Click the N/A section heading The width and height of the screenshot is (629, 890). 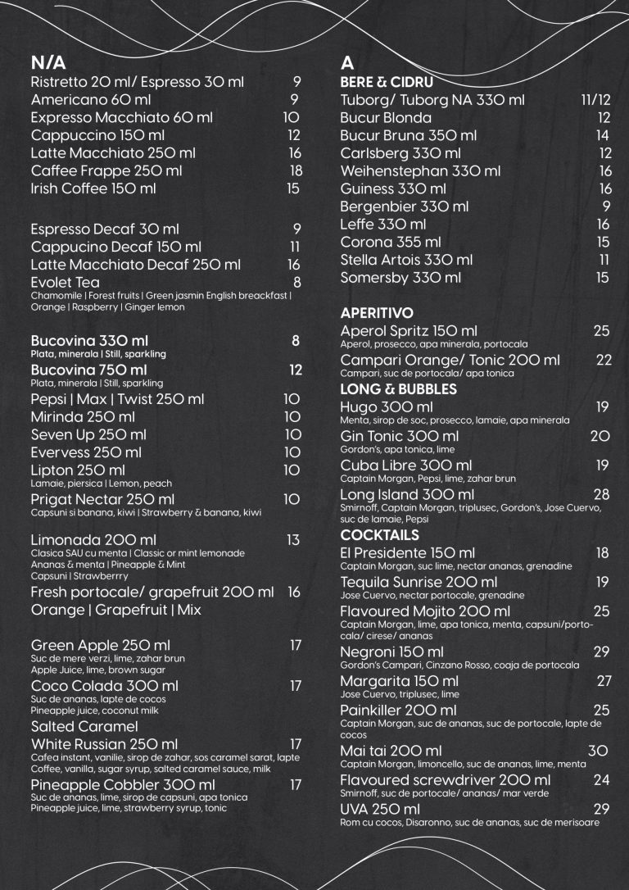click(x=48, y=64)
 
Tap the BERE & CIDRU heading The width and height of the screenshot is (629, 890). click(x=387, y=83)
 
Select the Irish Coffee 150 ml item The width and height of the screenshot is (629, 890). click(x=93, y=188)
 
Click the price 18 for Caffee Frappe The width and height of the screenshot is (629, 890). click(x=296, y=170)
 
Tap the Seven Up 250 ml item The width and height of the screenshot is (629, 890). click(x=88, y=434)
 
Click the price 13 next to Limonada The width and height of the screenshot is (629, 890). click(x=294, y=540)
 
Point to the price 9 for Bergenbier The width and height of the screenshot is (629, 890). click(x=606, y=206)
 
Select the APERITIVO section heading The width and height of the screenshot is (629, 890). click(x=377, y=313)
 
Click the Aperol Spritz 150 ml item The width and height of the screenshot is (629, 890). click(x=402, y=330)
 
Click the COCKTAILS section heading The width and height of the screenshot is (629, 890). click(x=379, y=535)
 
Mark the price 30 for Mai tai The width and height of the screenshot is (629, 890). click(x=598, y=751)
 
